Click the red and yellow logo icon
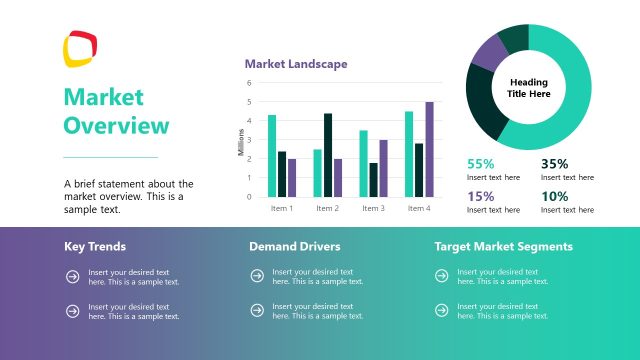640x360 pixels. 81,48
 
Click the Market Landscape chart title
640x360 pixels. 296,64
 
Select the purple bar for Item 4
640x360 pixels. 430,149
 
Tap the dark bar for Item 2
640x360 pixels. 328,155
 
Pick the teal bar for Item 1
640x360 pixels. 272,156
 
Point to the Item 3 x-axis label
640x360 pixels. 373,208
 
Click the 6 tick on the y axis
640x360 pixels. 249,83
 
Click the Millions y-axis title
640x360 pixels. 241,142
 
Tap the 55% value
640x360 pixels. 480,163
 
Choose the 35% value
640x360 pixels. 554,163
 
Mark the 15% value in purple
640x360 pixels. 480,196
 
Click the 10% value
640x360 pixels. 554,196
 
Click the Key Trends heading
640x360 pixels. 95,246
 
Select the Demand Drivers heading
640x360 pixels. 294,246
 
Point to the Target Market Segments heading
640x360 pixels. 503,246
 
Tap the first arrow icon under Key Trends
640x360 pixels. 72,277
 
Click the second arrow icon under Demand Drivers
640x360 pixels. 257,311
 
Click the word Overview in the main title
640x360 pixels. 116,126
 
